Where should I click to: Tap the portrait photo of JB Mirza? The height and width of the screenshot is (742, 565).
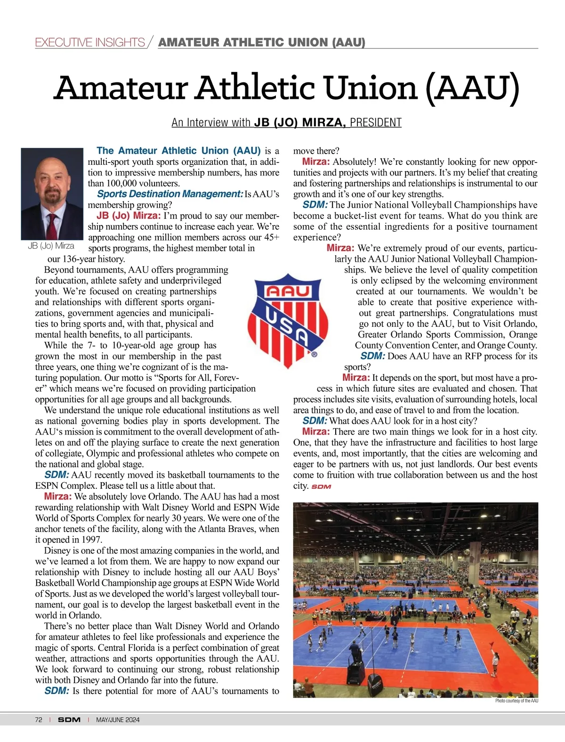(x=52, y=194)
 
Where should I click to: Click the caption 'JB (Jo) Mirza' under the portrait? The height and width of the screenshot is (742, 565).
(x=51, y=246)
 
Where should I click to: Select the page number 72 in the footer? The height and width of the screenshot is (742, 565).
(x=39, y=719)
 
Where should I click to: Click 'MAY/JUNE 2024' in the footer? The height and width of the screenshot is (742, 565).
(x=118, y=719)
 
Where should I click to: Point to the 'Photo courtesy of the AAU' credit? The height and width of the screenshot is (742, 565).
(x=516, y=701)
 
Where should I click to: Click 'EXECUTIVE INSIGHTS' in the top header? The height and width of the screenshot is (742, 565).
(x=90, y=42)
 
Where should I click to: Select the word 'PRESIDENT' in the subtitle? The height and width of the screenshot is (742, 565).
(x=375, y=123)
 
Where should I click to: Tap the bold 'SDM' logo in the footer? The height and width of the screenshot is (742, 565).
(x=69, y=719)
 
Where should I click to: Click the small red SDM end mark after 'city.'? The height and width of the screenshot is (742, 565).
(x=321, y=486)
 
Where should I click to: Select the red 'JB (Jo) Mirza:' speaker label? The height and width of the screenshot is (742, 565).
(x=129, y=216)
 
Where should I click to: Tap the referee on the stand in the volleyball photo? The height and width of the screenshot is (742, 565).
(x=354, y=649)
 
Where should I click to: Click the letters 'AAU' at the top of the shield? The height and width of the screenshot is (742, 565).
(x=288, y=291)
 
